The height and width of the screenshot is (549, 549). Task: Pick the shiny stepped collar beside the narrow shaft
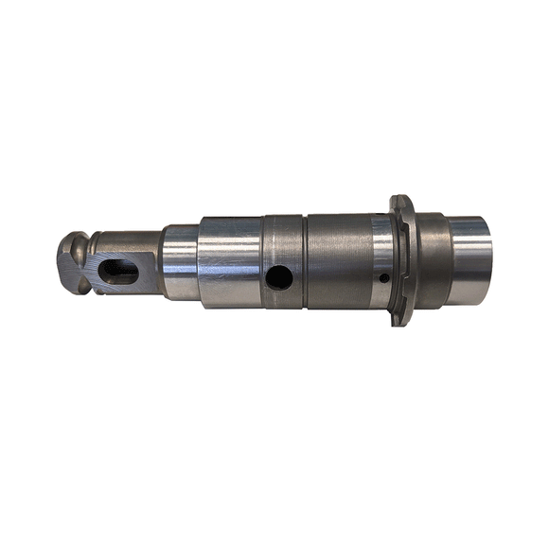coord(180,261)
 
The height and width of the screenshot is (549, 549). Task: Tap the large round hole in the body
coord(279,277)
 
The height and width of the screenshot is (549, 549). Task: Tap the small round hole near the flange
coord(382,278)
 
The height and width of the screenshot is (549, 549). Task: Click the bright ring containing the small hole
coord(381,254)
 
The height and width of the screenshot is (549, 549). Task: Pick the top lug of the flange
coord(400,203)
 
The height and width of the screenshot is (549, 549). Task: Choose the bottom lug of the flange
coord(401,317)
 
